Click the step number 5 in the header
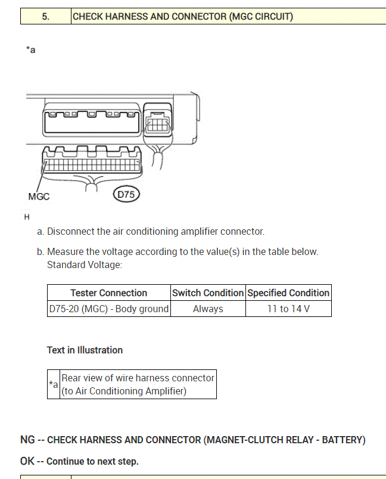45,17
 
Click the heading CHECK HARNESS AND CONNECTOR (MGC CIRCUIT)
182,17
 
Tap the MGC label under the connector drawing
39,196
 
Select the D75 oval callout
126,194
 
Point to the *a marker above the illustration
31,50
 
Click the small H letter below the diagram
27,216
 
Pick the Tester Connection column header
108,293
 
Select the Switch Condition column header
208,293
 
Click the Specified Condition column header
288,293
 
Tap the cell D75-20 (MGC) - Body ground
108,309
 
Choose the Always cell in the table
208,309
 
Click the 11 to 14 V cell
288,309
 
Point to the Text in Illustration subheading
85,350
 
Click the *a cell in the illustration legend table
54,384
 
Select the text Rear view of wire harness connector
138,378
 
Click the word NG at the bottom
27,440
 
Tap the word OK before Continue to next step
27,461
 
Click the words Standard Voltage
84,265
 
